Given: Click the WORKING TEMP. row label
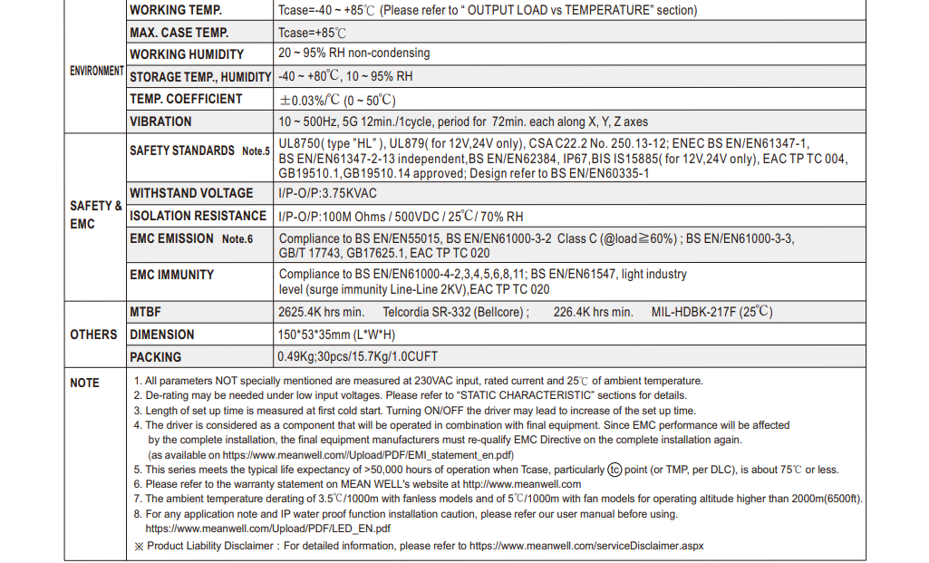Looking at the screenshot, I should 176,11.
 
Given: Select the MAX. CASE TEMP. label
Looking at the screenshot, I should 179,33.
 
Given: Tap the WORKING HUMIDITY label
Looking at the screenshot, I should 187,54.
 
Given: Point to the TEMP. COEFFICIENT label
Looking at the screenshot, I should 186,99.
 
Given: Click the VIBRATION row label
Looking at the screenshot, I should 160,121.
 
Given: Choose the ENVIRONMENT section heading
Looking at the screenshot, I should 97,71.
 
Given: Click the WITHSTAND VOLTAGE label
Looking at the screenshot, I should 191,193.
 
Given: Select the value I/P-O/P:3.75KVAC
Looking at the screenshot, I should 328,194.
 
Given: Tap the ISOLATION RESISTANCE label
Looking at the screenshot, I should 198,216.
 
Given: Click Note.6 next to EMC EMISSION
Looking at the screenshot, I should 237,239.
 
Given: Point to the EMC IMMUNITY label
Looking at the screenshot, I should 172,275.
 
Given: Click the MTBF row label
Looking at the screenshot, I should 145,312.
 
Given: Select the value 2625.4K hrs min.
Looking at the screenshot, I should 321,313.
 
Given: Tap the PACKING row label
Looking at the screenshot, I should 155,357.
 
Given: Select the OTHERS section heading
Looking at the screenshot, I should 93,335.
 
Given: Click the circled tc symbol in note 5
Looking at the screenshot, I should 615,470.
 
